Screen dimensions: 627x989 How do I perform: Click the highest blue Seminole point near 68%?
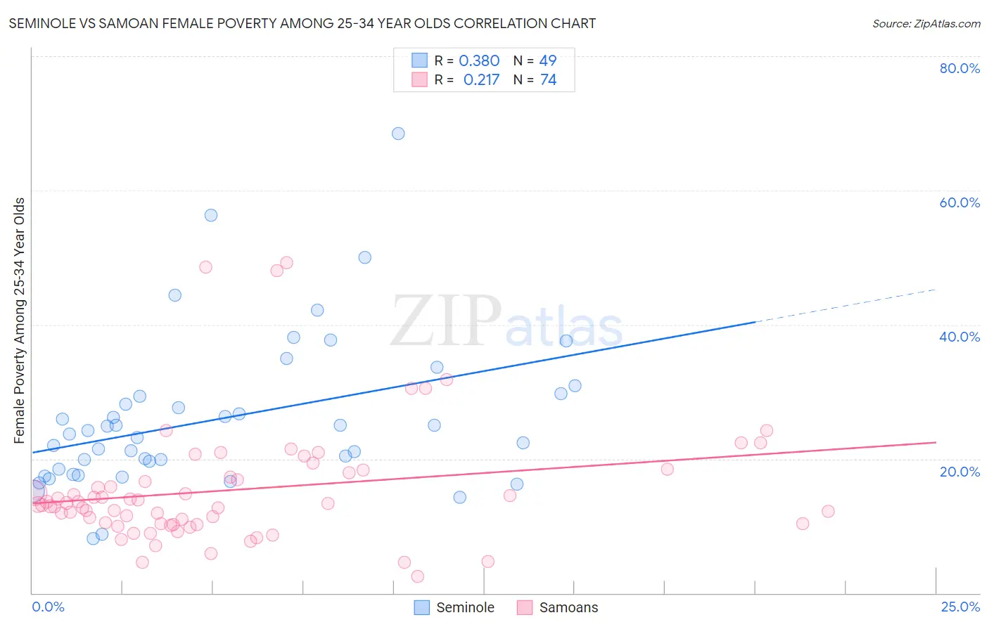(398, 134)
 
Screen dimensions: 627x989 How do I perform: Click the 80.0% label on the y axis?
(959, 68)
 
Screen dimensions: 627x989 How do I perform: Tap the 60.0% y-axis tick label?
(959, 202)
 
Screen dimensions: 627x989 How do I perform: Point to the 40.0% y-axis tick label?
(959, 337)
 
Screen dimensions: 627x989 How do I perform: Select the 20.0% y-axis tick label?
(959, 471)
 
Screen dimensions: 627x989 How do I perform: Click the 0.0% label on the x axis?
(48, 607)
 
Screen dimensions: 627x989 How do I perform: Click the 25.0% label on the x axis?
(960, 607)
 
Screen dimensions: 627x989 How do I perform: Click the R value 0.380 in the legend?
(479, 61)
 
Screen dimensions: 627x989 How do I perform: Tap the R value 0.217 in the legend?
(481, 80)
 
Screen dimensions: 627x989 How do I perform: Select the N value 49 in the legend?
(548, 61)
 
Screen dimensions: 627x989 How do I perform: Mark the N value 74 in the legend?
(548, 80)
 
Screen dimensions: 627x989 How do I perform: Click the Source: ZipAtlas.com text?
(926, 24)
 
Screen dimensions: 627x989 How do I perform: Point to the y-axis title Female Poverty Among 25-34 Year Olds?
(20, 321)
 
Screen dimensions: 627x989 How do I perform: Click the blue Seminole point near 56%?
(211, 215)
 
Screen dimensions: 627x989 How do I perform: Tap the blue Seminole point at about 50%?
(364, 257)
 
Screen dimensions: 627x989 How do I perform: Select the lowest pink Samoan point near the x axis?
(417, 576)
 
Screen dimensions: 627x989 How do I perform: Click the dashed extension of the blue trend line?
(844, 305)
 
